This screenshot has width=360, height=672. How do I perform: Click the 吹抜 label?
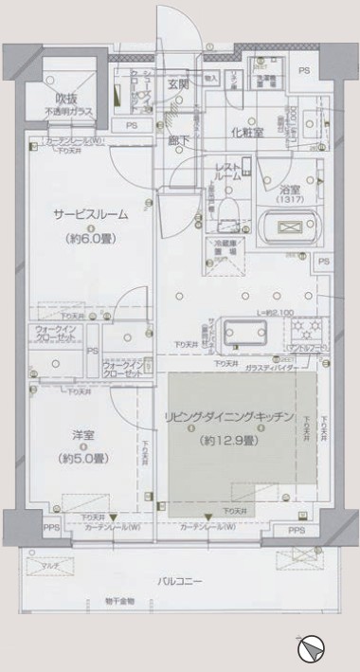tap(64, 98)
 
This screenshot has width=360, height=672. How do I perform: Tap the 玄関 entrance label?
tap(178, 84)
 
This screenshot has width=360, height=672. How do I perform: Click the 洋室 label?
tap(83, 436)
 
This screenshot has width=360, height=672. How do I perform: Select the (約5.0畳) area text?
tap(83, 458)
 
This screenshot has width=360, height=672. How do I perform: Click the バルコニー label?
tap(180, 580)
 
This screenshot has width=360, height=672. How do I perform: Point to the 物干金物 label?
tap(119, 602)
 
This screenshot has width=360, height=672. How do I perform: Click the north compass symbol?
tap(310, 650)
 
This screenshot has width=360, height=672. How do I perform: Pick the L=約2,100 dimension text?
tap(274, 313)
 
